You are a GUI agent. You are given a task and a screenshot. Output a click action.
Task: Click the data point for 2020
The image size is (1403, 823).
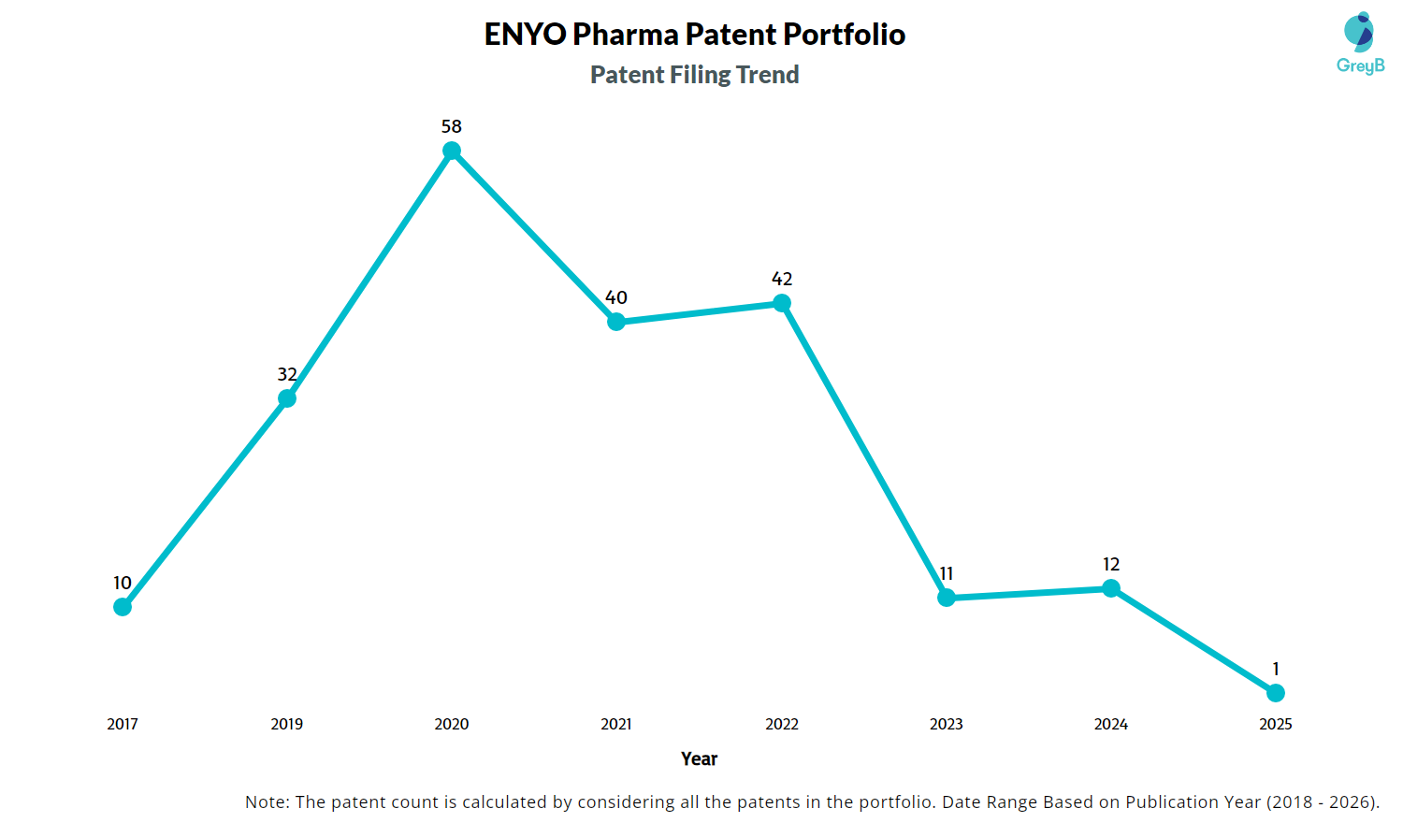[x=452, y=151]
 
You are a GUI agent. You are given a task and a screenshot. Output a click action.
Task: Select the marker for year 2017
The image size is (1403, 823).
[x=123, y=607]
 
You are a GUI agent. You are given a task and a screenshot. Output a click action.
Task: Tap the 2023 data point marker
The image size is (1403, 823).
[x=947, y=598]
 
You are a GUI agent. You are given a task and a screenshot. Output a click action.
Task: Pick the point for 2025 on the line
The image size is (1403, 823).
[x=1276, y=693]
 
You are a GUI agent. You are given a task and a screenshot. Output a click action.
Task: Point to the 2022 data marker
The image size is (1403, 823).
[x=782, y=303]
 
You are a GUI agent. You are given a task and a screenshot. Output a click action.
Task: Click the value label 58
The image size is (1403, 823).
[x=452, y=126]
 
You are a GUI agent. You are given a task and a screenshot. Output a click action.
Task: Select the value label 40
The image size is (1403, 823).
[x=616, y=297]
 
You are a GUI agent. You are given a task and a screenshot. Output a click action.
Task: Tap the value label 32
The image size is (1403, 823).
[x=287, y=374]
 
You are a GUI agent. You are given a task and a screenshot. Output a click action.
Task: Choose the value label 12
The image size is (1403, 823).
[x=1111, y=564]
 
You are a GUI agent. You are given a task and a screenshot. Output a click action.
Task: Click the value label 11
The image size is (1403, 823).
[x=947, y=573]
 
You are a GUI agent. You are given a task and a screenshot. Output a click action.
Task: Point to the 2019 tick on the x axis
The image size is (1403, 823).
[x=287, y=724]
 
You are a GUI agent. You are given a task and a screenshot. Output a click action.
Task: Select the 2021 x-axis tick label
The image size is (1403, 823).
[x=616, y=724]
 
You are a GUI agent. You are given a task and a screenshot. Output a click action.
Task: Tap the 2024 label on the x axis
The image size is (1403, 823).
[x=1111, y=724]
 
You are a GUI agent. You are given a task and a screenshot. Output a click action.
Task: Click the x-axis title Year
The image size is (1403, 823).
[x=700, y=758]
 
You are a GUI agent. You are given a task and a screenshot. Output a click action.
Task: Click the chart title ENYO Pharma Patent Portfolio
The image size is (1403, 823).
[x=695, y=35]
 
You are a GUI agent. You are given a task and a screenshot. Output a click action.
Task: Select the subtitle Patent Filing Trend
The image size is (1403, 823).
[x=695, y=75]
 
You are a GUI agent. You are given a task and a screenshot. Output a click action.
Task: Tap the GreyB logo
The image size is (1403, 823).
[x=1360, y=43]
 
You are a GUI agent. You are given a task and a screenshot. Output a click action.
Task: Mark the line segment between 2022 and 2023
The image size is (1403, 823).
[x=864, y=451]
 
